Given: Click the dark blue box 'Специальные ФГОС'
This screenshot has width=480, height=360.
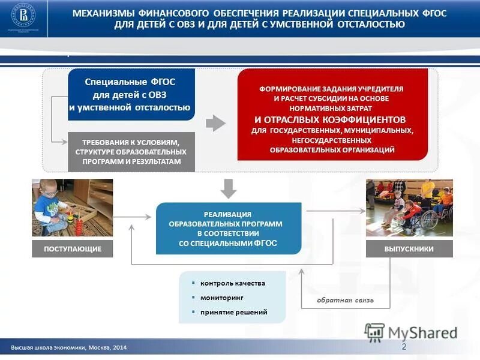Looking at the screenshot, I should pos(131,94).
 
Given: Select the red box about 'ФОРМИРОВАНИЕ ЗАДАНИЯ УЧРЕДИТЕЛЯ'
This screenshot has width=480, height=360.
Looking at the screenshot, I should pos(332,114).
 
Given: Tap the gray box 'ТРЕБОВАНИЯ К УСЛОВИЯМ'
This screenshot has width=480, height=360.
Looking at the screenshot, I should pos(131,152).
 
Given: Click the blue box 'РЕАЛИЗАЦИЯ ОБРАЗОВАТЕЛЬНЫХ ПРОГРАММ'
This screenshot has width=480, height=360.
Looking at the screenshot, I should pos(228,227).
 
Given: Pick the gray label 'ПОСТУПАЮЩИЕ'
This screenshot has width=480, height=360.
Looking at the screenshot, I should pos(72,249).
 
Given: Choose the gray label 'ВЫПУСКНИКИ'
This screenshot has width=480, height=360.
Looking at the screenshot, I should pos(409,249).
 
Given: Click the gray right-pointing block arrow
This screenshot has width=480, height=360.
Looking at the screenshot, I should pos(215,124).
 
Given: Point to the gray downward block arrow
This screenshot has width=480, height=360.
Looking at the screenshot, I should pos(229,188).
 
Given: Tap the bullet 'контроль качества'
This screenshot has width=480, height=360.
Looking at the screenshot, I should pos(232,283).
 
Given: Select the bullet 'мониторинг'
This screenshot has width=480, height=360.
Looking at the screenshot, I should pos(222,298).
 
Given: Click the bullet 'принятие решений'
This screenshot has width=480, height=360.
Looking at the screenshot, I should pos(233,312).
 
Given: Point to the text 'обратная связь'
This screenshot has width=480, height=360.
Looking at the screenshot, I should pos(345,299).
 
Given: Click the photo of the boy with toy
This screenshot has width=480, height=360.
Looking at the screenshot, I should pos(72,208).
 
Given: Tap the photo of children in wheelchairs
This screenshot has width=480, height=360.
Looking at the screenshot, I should pos(409,208).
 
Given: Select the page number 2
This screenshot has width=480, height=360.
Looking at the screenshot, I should pos(404,347).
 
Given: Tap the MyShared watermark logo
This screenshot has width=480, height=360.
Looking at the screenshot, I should pos(412,332).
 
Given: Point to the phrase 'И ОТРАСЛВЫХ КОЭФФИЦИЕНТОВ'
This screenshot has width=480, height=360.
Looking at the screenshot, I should pos(330,119).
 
